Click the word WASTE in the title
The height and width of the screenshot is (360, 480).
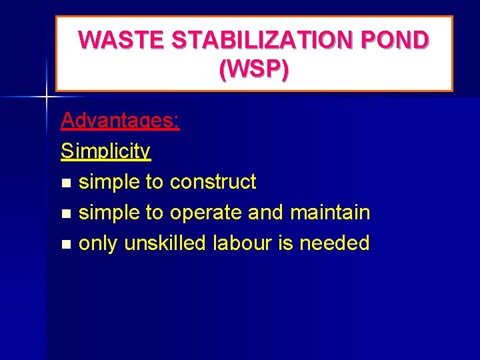123,41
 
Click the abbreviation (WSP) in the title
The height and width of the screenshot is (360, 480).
254,69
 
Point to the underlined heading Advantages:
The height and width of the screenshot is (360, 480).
120,121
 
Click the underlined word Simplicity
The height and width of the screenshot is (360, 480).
106,151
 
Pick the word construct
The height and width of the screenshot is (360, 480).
213,181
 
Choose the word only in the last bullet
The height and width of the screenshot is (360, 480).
97,243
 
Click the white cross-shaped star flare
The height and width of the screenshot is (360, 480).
46,97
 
